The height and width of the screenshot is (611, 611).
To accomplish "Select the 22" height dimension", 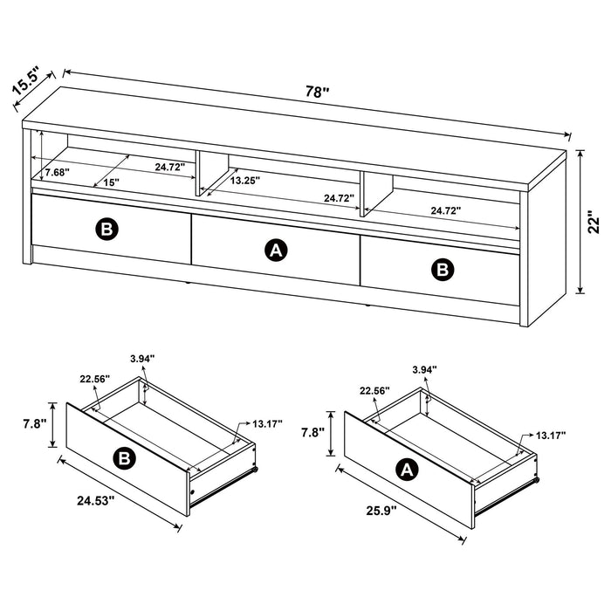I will pyautogui.click(x=593, y=224).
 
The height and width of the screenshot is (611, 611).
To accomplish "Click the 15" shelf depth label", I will pyautogui.click(x=111, y=182).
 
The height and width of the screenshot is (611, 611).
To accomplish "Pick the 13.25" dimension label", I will pyautogui.click(x=244, y=180).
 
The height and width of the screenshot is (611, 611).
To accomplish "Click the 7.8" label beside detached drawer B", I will pyautogui.click(x=35, y=423).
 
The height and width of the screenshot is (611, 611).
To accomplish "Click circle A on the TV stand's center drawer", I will pyautogui.click(x=276, y=251).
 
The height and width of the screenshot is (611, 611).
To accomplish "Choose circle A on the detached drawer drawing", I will pyautogui.click(x=405, y=470).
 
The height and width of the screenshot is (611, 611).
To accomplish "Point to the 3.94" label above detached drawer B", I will pyautogui.click(x=141, y=357).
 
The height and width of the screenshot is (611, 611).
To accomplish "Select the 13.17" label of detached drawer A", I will pyautogui.click(x=550, y=435).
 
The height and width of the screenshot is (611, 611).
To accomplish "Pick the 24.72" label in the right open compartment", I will pyautogui.click(x=445, y=210).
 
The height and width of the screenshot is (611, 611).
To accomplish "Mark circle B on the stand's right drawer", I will pyautogui.click(x=445, y=270).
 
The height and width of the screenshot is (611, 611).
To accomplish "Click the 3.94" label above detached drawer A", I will pyautogui.click(x=424, y=370).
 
